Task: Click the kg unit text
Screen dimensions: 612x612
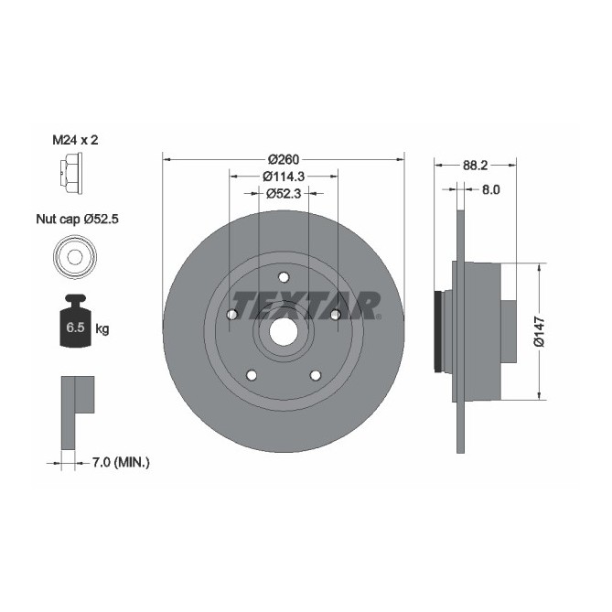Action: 102,329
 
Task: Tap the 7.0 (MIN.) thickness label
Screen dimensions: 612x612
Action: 122,464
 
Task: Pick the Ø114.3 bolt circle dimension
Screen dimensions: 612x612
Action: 283,176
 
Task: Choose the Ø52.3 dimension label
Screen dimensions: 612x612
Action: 283,193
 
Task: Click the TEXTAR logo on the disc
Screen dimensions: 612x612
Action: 305,304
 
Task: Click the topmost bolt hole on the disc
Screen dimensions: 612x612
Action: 283,278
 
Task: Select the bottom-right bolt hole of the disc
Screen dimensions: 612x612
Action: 316,375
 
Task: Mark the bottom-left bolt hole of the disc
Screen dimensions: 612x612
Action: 251,375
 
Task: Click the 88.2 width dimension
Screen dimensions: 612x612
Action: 475,166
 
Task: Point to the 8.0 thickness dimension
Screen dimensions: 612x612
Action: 490,190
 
